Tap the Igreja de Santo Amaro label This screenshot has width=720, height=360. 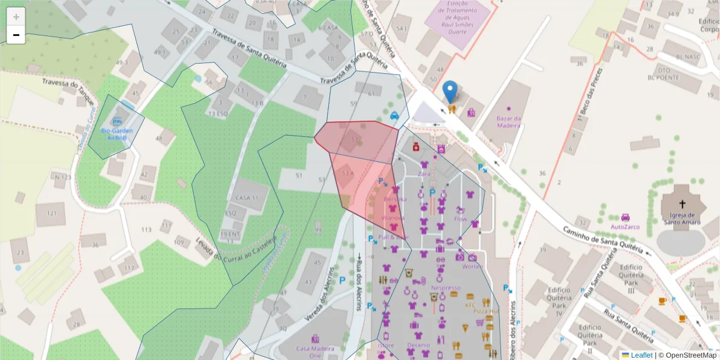(682, 218)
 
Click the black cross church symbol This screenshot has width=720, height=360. (682, 204)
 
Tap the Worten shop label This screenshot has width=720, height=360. (473, 266)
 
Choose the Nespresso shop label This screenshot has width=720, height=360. (445, 288)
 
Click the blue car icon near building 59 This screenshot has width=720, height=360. (394, 116)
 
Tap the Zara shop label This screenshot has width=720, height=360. (424, 173)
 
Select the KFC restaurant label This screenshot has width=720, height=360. (470, 305)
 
